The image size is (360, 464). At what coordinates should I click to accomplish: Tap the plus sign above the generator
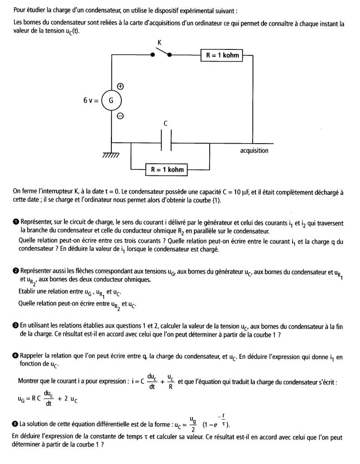(x=121, y=86)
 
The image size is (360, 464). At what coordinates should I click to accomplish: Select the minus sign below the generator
(x=120, y=116)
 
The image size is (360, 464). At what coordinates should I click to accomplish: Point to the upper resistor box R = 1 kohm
(x=222, y=56)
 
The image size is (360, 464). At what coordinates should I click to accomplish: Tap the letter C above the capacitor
(x=166, y=123)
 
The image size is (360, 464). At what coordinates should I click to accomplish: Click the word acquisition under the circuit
(x=254, y=151)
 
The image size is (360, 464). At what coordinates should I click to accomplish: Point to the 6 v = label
(x=91, y=101)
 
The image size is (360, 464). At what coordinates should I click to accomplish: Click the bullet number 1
(x=16, y=222)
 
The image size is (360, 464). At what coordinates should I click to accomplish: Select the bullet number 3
(x=16, y=326)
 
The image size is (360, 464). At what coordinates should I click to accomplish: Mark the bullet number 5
(x=16, y=424)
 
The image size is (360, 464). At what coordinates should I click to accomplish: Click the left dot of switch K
(x=153, y=54)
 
